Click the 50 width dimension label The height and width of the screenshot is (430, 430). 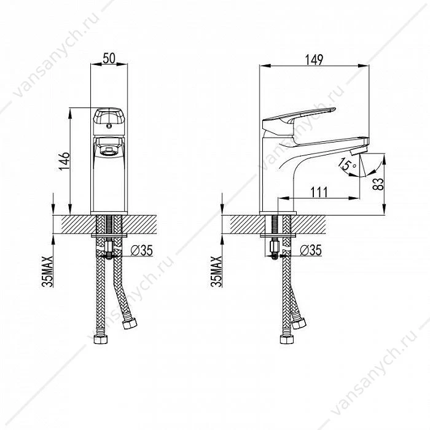(x=109, y=58)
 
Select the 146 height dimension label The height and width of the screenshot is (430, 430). (x=64, y=161)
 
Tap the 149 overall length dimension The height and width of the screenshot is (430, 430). (x=315, y=60)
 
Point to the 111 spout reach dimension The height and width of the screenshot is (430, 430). (x=319, y=192)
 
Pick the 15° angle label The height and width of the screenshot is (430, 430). (x=347, y=164)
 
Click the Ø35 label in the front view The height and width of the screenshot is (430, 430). (x=142, y=251)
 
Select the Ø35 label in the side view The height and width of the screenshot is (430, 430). (x=311, y=250)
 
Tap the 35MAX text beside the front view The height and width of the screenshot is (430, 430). (x=47, y=272)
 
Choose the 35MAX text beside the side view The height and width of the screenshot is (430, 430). (x=216, y=272)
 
